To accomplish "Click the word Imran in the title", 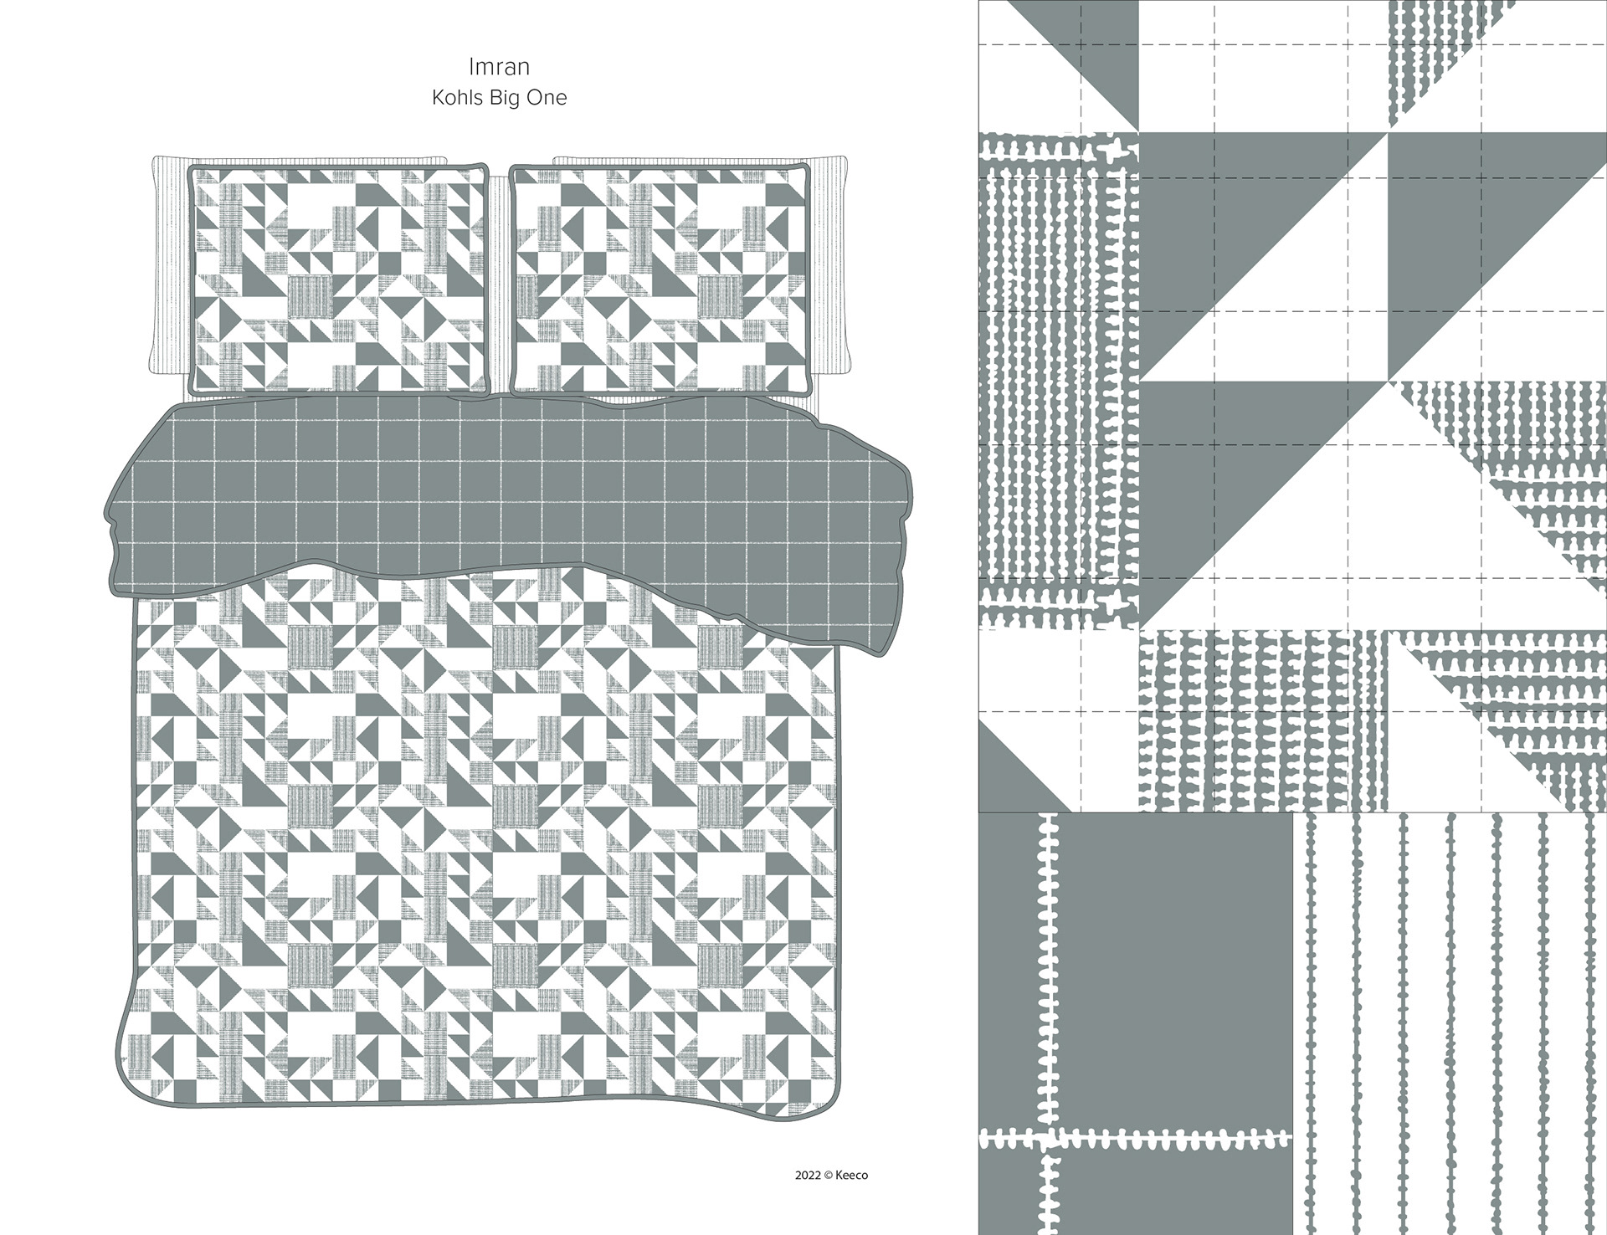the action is [x=500, y=66].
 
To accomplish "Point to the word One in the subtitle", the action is [x=547, y=98].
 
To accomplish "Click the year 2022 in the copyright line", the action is [x=808, y=1175].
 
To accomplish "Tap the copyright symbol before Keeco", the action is [x=829, y=1175].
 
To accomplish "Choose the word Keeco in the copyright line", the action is [x=851, y=1175].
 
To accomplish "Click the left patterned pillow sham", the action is [x=340, y=279].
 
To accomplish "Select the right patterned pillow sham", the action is [x=660, y=279].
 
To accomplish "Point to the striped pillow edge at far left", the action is [x=168, y=268].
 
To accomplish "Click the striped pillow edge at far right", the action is [x=832, y=268].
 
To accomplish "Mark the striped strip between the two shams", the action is [x=500, y=284].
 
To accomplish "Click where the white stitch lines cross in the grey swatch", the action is [x=1046, y=1138].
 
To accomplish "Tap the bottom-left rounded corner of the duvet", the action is [x=142, y=1079].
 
